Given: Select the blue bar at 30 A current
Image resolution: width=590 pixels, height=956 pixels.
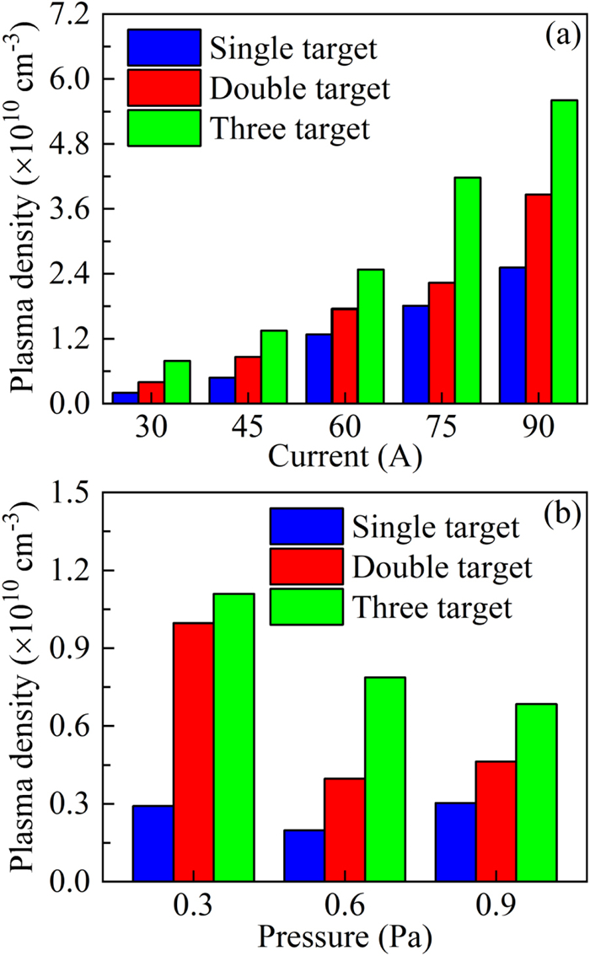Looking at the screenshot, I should (126, 397).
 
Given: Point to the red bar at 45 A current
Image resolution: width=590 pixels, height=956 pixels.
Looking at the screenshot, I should (248, 379).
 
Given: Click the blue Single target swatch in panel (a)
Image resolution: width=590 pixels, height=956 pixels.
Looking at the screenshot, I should (164, 47).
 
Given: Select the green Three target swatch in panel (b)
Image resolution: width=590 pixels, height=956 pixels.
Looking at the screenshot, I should (306, 607).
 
